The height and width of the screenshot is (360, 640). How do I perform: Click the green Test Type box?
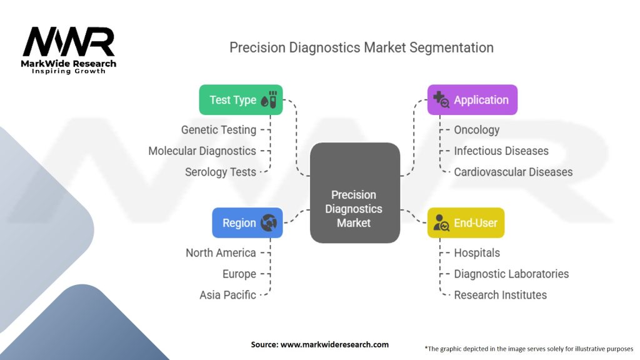(241, 100)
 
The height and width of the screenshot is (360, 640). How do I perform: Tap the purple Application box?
(472, 100)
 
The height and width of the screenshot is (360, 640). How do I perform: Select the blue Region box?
(247, 222)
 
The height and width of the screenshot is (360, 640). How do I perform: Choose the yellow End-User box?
(466, 222)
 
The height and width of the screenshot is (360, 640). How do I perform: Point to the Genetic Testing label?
(219, 130)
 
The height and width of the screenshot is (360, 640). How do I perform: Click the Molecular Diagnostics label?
(202, 151)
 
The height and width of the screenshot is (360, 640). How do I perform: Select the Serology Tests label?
(221, 172)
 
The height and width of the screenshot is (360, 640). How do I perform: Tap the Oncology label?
(477, 130)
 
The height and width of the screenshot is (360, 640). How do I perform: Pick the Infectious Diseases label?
(501, 151)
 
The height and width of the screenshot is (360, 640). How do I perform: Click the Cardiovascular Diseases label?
(513, 172)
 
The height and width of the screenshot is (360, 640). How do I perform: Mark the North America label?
(221, 253)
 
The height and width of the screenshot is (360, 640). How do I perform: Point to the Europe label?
(239, 274)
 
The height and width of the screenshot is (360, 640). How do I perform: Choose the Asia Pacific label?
(227, 295)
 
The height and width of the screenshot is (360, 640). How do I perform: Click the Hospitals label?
(477, 253)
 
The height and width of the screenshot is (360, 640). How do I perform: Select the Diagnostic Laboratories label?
(511, 274)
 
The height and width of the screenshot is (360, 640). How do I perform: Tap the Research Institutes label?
(500, 295)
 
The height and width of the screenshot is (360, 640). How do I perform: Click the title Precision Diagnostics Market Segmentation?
(361, 47)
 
